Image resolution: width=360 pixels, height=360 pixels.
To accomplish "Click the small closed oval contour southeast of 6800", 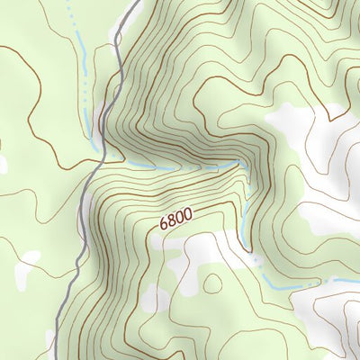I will (212, 283).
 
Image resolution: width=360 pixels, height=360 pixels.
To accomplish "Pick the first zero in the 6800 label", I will (181, 217).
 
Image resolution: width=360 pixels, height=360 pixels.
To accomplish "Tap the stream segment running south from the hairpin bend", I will (244, 216).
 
